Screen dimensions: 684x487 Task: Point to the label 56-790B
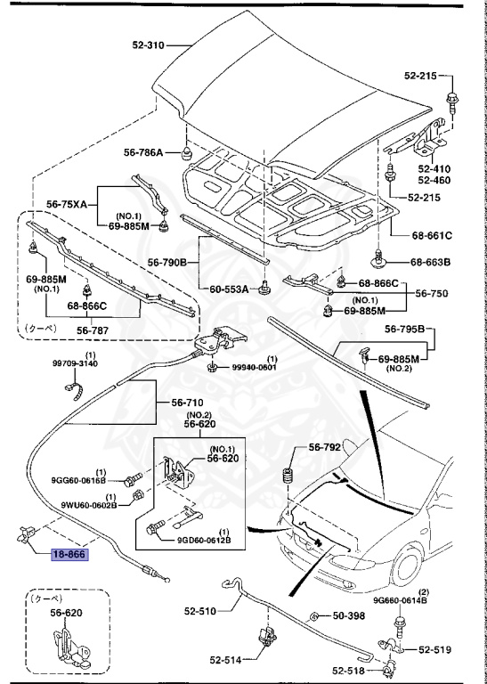coord(166,262)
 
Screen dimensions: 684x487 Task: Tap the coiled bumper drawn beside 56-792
coord(288,477)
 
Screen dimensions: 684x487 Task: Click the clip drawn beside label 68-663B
coord(380,262)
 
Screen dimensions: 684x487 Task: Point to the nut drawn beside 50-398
coord(314,616)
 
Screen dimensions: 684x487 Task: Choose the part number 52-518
coord(348,671)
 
